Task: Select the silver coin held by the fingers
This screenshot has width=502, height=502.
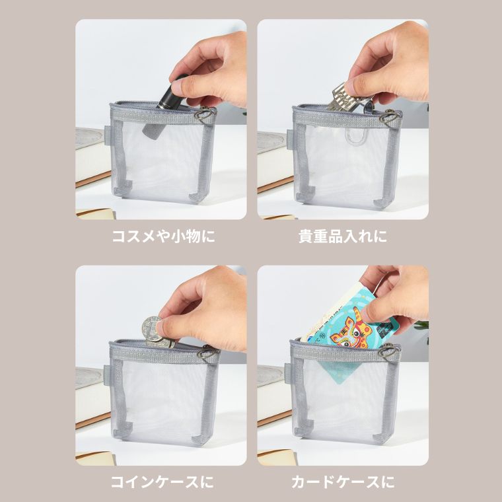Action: [x=155, y=332]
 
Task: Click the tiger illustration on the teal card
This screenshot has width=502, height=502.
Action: [x=351, y=330]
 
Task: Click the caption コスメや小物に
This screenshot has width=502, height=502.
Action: [x=163, y=236]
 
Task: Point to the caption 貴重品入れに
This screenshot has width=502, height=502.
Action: [x=343, y=236]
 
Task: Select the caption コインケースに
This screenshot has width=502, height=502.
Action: [x=162, y=482]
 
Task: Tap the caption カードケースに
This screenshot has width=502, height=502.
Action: [x=343, y=482]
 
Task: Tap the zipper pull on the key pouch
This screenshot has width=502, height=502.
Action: [x=388, y=116]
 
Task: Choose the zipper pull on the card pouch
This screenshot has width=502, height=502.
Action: [x=387, y=351]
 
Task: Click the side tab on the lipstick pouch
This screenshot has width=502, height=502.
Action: [x=107, y=135]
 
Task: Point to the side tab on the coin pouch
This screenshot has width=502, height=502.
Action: [x=106, y=375]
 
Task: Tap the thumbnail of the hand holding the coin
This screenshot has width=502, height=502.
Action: [x=161, y=365]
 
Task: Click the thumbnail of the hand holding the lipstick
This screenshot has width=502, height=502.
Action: [x=161, y=119]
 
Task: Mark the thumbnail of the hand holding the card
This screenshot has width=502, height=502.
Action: [x=343, y=365]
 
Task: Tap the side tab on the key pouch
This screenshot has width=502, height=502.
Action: [x=290, y=139]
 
